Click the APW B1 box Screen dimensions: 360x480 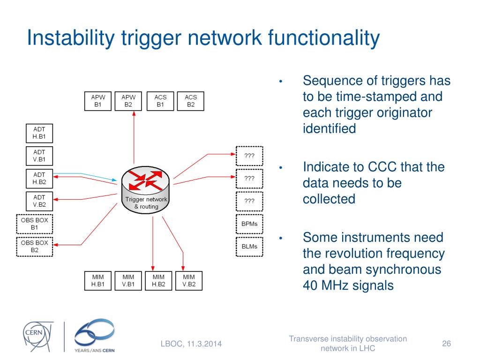point(98,101)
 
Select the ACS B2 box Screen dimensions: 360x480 point(191,101)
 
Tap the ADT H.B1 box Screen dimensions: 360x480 point(39,133)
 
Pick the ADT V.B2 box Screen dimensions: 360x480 point(39,201)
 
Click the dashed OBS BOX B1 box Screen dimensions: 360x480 point(34,224)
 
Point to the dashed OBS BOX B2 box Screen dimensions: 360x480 point(34,247)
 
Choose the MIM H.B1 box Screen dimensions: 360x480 point(98,280)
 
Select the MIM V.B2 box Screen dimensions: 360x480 point(189,280)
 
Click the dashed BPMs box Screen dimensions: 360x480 point(249,224)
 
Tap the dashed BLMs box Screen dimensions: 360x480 point(249,247)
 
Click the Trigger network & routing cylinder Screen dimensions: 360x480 point(146,189)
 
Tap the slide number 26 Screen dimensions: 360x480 point(446,344)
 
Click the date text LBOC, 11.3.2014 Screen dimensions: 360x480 point(191,345)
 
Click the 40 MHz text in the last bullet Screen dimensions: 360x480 point(328,285)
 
